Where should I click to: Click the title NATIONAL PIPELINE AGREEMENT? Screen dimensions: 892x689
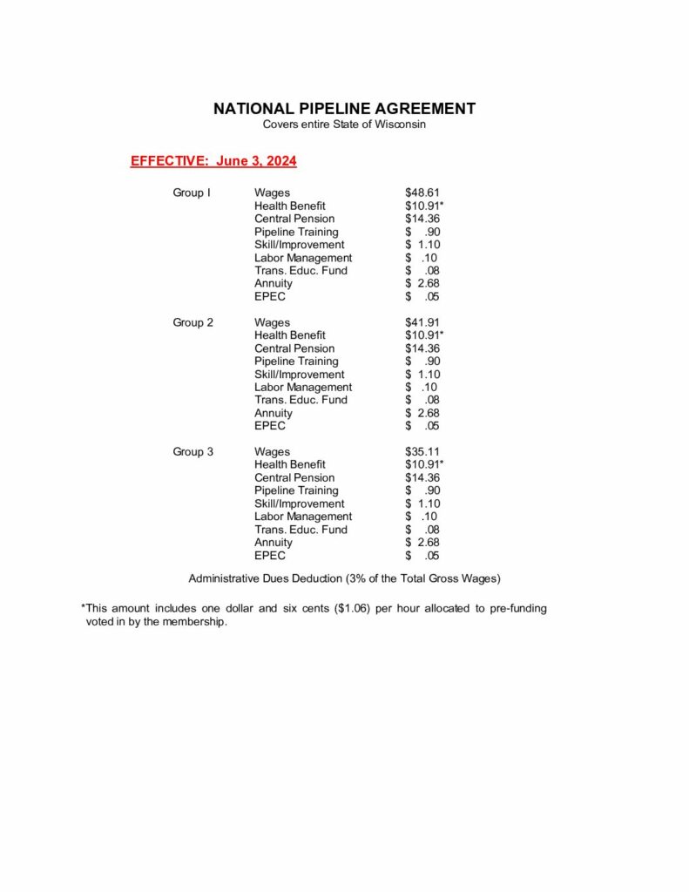[344, 109]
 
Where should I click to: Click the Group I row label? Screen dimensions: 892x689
[192, 193]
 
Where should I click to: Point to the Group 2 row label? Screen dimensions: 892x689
[193, 322]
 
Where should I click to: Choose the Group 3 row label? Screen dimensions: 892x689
[193, 451]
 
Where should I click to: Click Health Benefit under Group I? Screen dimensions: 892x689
[289, 206]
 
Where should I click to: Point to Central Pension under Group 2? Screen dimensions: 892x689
[294, 348]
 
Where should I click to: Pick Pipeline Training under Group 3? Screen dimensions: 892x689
[296, 490]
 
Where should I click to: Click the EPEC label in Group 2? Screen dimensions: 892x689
[270, 426]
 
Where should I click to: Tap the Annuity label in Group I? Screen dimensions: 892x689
[274, 283]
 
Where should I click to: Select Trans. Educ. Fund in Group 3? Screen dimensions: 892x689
[301, 530]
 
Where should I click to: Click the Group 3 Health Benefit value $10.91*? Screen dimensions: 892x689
[424, 464]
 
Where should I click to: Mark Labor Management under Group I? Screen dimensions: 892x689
[303, 258]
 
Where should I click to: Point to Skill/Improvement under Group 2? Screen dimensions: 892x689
[299, 374]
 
